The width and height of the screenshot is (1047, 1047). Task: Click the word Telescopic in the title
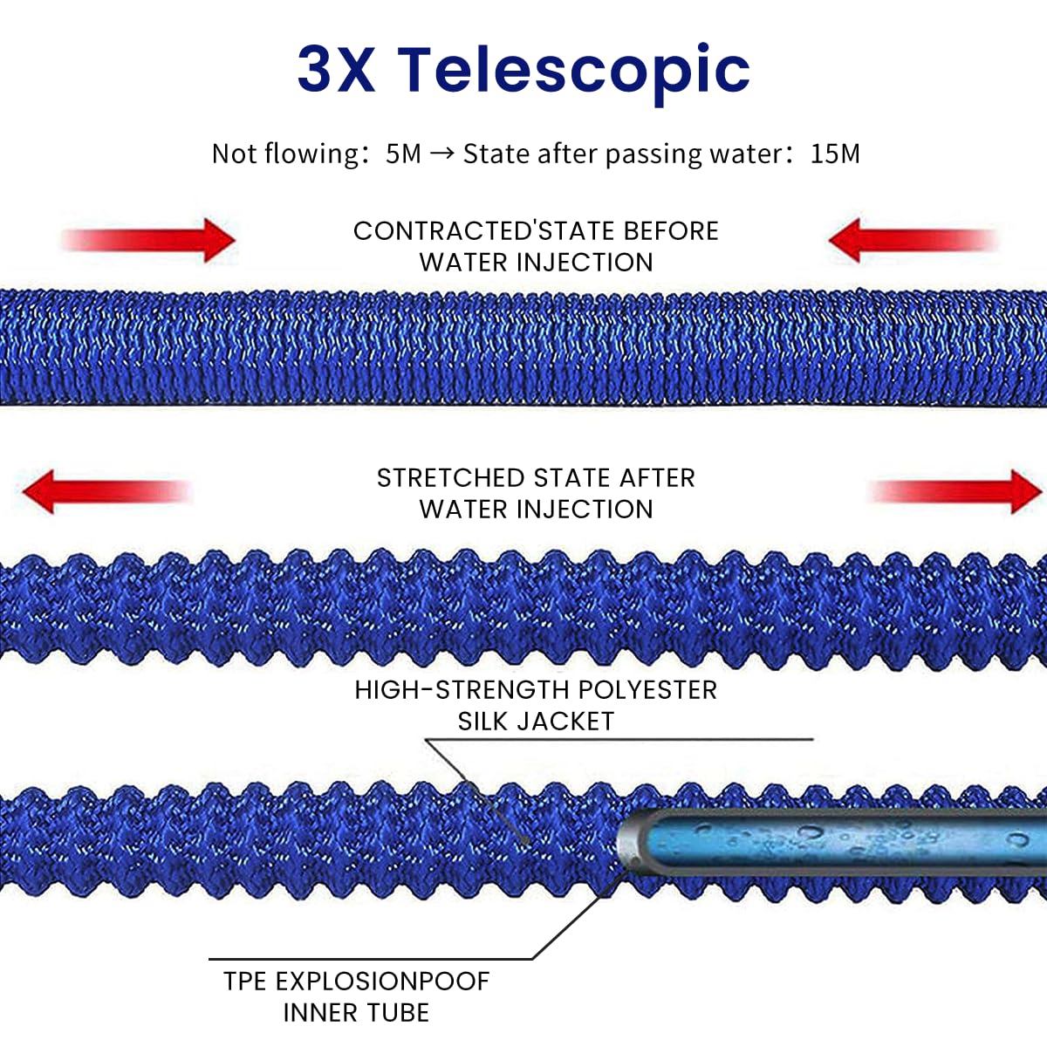pyautogui.click(x=573, y=70)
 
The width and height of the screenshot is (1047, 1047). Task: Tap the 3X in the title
pyautogui.click(x=336, y=70)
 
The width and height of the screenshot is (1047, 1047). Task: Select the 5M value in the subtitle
pyautogui.click(x=403, y=154)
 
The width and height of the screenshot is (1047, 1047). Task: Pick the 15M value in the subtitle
pyautogui.click(x=835, y=154)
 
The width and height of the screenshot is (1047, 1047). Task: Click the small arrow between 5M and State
pyautogui.click(x=442, y=154)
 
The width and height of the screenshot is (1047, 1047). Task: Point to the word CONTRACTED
pyautogui.click(x=441, y=231)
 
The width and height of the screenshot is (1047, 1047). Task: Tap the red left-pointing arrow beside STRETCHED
pyautogui.click(x=105, y=491)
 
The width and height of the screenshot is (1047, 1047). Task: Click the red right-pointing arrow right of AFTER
pyautogui.click(x=955, y=491)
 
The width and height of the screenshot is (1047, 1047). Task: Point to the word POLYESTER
pyautogui.click(x=647, y=690)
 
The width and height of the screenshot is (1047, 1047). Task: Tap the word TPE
pyautogui.click(x=244, y=982)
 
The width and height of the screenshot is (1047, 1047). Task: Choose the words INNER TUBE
pyautogui.click(x=356, y=1013)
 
